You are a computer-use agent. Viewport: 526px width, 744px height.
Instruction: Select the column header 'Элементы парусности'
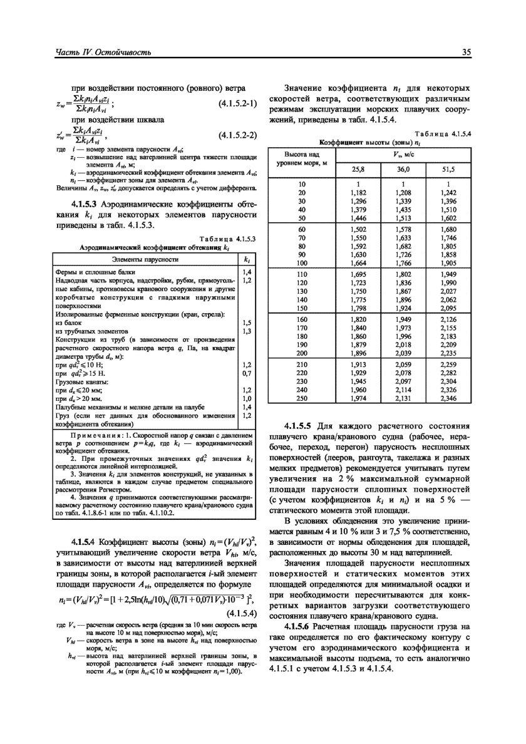(145, 259)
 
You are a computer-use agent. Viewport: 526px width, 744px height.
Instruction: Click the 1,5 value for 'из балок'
(247, 323)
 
